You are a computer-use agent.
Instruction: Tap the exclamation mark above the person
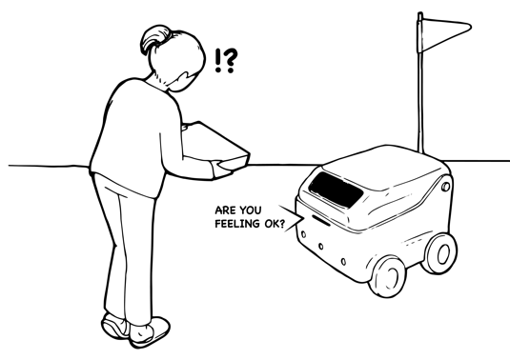218,61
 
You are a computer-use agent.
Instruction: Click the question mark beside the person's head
231,61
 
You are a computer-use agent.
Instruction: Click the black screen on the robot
336,190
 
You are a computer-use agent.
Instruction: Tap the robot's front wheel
387,275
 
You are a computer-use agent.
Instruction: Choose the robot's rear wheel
439,253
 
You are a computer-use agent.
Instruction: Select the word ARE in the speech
225,210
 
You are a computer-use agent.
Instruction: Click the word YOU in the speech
250,210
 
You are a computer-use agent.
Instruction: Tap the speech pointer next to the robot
291,218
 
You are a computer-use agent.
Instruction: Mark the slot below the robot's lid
321,220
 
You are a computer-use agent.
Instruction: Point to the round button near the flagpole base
446,187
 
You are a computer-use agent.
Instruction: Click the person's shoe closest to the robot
150,331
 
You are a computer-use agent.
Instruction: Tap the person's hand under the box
224,169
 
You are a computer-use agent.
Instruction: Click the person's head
174,58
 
